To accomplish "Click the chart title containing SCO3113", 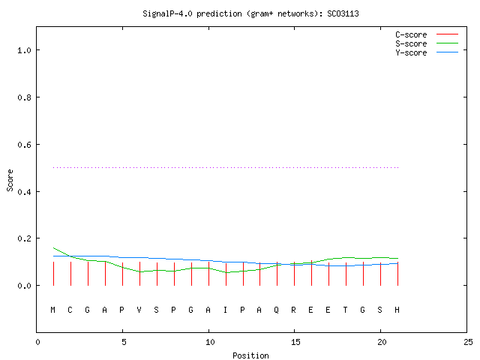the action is pyautogui.click(x=250, y=13).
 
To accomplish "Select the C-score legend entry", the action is pyautogui.click(x=427, y=34).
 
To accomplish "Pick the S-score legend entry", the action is pyautogui.click(x=427, y=43).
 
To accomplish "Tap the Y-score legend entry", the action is pyautogui.click(x=427, y=52).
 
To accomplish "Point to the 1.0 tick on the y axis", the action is pyautogui.click(x=25, y=50).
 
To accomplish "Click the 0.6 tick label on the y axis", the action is pyautogui.click(x=25, y=145).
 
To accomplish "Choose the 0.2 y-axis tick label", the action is pyautogui.click(x=25, y=238).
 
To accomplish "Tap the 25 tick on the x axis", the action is pyautogui.click(x=468, y=342).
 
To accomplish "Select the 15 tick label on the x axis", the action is pyautogui.click(x=295, y=342).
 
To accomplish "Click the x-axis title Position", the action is pyautogui.click(x=250, y=355).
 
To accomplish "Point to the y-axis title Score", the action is pyautogui.click(x=10, y=180).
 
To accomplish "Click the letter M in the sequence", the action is pyautogui.click(x=53, y=310).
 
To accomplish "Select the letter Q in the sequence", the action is pyautogui.click(x=277, y=310).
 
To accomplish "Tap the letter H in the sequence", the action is pyautogui.click(x=397, y=310).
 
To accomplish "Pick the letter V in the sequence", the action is pyautogui.click(x=139, y=310).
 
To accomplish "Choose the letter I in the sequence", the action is pyautogui.click(x=225, y=310).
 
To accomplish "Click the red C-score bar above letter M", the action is pyautogui.click(x=53, y=274).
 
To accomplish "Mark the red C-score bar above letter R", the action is pyautogui.click(x=295, y=274).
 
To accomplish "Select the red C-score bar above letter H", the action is pyautogui.click(x=397, y=274).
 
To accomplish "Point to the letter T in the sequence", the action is pyautogui.click(x=345, y=310).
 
